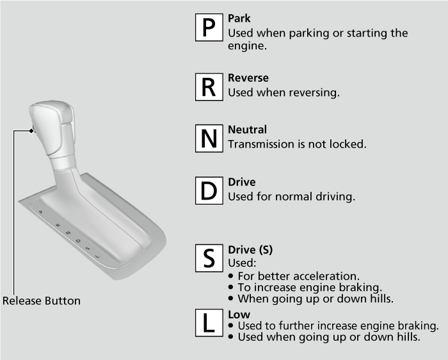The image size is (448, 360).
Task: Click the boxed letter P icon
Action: [209, 27]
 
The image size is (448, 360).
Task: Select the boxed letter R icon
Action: [209, 87]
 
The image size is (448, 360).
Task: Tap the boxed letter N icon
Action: [209, 138]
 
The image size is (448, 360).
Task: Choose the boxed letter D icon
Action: [209, 191]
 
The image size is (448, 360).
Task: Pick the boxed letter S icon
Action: [209, 258]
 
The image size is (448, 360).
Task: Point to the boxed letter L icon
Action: [209, 323]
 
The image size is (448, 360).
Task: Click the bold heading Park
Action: [239, 19]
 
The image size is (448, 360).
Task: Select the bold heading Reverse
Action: [248, 77]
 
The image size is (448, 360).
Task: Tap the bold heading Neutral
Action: [248, 129]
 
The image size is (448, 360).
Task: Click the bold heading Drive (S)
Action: [250, 249]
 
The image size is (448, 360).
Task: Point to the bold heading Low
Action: [239, 315]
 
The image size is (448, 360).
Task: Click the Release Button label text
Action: [42, 301]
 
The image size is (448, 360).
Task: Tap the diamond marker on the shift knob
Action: [31, 130]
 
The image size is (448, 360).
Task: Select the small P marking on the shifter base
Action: [41, 212]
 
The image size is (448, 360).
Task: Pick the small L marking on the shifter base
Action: [98, 256]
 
